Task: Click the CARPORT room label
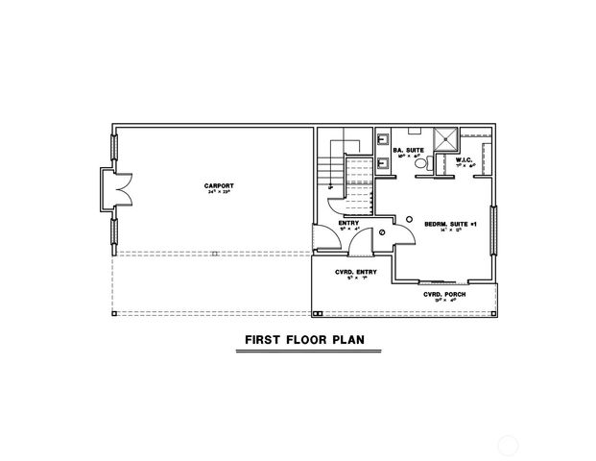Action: pyautogui.click(x=219, y=184)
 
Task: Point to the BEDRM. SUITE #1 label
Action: pyautogui.click(x=444, y=225)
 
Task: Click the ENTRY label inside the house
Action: pyautogui.click(x=348, y=224)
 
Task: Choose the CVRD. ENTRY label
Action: pyautogui.click(x=355, y=273)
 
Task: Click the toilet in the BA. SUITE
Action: pyautogui.click(x=420, y=164)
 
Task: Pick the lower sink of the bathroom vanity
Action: pyautogui.click(x=384, y=161)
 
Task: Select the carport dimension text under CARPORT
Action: pyautogui.click(x=219, y=192)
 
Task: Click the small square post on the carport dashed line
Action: pyautogui.click(x=215, y=254)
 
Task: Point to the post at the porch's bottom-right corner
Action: pyautogui.click(x=493, y=314)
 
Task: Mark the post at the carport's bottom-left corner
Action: pyautogui.click(x=113, y=314)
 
